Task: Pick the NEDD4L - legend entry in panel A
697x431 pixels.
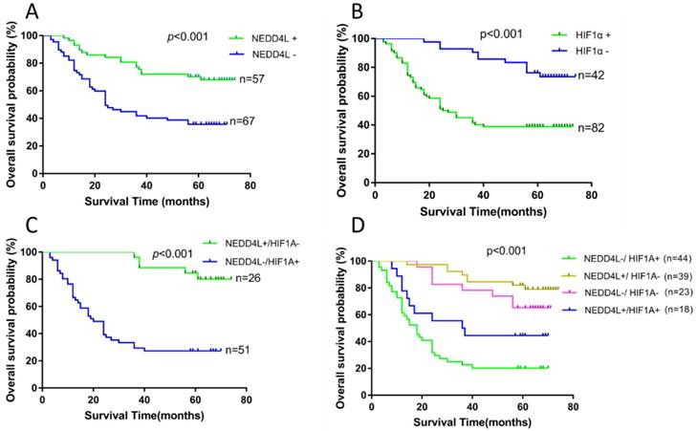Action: pyautogui.click(x=269, y=54)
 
